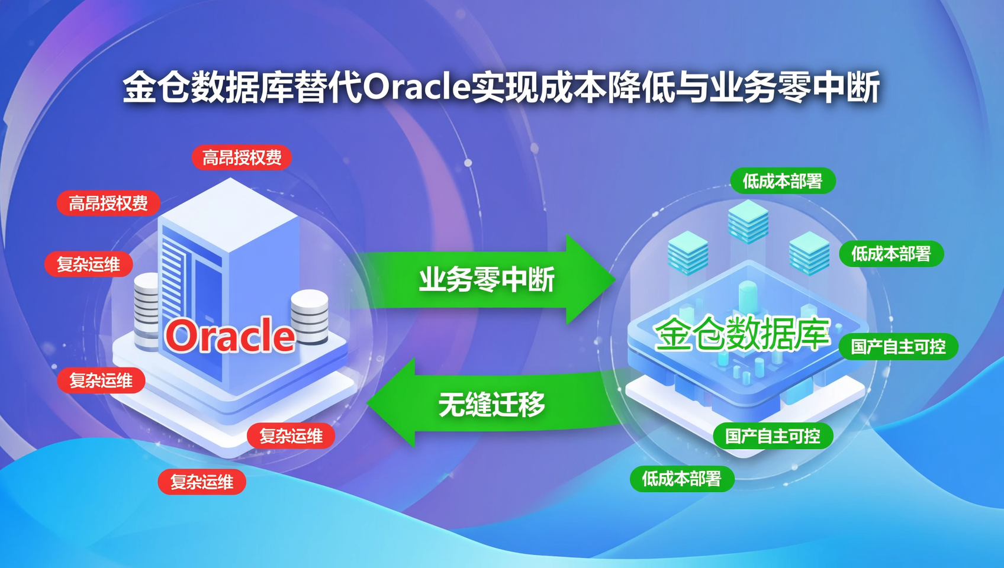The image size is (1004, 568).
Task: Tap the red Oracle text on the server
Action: [230, 335]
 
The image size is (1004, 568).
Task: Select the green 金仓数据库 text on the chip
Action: [742, 334]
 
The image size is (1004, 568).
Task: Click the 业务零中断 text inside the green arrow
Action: [487, 279]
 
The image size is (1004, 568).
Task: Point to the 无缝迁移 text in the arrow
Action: [491, 405]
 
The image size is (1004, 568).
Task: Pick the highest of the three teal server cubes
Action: [748, 221]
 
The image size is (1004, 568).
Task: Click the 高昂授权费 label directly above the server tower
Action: [242, 157]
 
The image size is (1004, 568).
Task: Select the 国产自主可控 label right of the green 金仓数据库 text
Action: [898, 347]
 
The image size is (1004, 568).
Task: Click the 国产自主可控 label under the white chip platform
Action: [773, 437]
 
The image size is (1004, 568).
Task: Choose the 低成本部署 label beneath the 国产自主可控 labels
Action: [681, 479]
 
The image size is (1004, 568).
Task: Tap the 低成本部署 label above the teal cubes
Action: [782, 181]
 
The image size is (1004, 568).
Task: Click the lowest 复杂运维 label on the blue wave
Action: [201, 482]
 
